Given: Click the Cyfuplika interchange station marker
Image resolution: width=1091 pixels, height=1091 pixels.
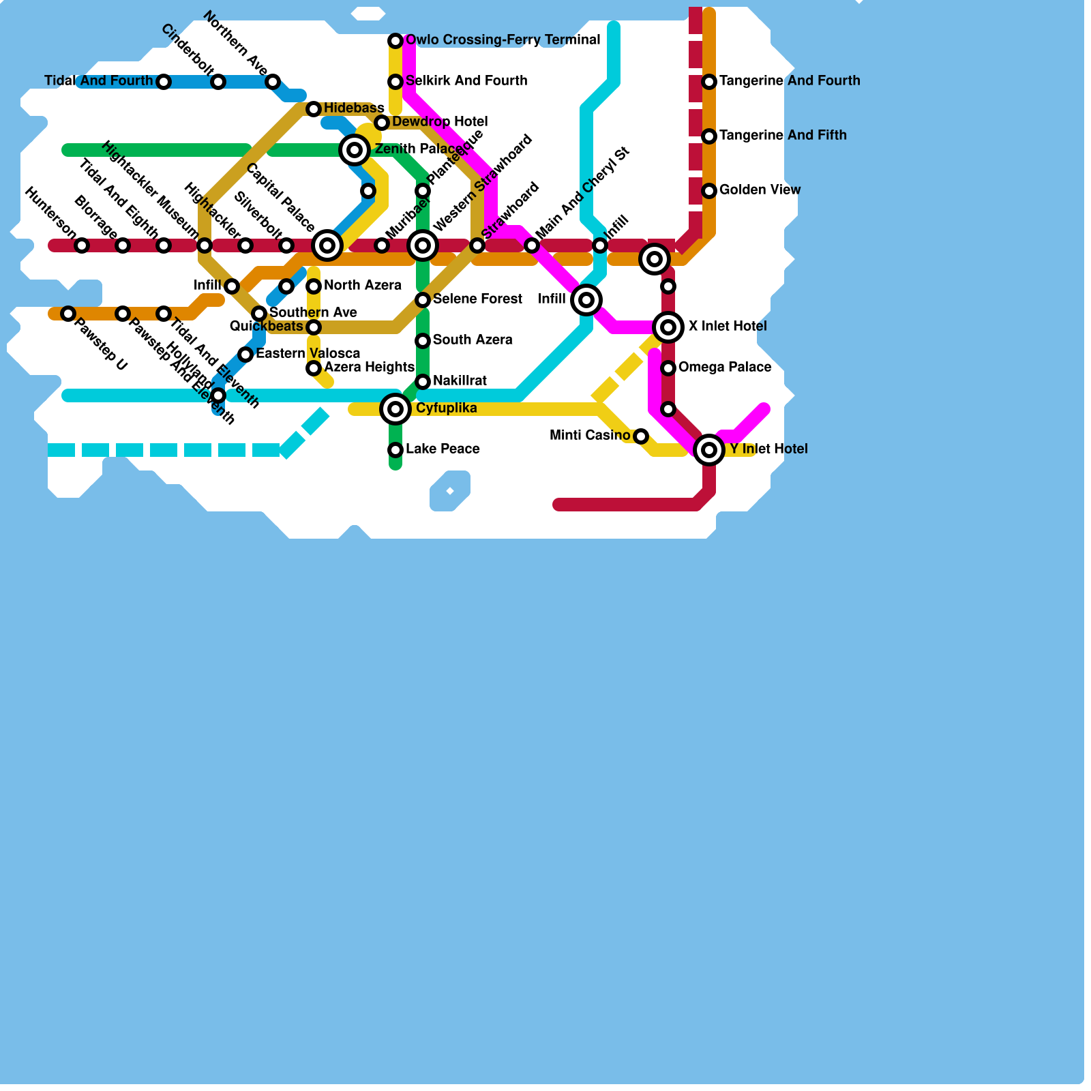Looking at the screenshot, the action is pos(395,409).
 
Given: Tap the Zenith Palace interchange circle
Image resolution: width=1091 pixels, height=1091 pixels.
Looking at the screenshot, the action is pos(355,150).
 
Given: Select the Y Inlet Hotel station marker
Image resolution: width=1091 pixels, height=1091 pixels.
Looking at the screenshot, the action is pos(709,450).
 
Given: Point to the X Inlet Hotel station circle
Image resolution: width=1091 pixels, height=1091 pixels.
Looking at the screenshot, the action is pos(668,327).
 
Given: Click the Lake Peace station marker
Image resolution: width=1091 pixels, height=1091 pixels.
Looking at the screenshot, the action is pos(395,450).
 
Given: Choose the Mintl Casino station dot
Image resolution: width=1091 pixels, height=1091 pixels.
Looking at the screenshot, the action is pos(641,436).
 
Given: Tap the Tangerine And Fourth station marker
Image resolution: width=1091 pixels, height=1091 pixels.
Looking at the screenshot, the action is pos(709,82).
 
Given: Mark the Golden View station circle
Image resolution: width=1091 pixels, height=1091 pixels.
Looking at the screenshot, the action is pos(709,191).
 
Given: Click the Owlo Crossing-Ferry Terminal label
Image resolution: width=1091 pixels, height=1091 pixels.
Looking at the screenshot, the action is pos(503,40).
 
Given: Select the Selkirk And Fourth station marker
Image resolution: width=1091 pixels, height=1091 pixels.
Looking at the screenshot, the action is pos(395,82).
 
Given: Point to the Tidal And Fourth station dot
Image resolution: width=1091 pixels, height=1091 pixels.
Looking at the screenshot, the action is pos(164,82).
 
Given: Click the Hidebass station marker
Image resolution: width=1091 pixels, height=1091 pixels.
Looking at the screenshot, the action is pos(314,109).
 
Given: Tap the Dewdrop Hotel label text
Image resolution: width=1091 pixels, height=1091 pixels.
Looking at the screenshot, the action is pos(440,122).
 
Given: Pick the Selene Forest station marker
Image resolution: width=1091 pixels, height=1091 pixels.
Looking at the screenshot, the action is pos(423,300).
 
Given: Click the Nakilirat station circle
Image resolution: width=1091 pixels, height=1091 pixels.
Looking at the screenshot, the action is pos(423,382).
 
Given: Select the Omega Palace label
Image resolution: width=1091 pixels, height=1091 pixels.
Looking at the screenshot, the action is pos(725,368).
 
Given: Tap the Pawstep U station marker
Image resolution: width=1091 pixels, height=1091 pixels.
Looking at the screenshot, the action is pos(68,314).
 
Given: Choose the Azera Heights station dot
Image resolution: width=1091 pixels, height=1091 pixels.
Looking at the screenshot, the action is pos(314,368).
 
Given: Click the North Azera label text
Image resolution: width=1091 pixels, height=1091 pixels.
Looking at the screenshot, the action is pos(362,286).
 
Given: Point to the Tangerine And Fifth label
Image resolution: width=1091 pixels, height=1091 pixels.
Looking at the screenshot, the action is pos(783,136).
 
